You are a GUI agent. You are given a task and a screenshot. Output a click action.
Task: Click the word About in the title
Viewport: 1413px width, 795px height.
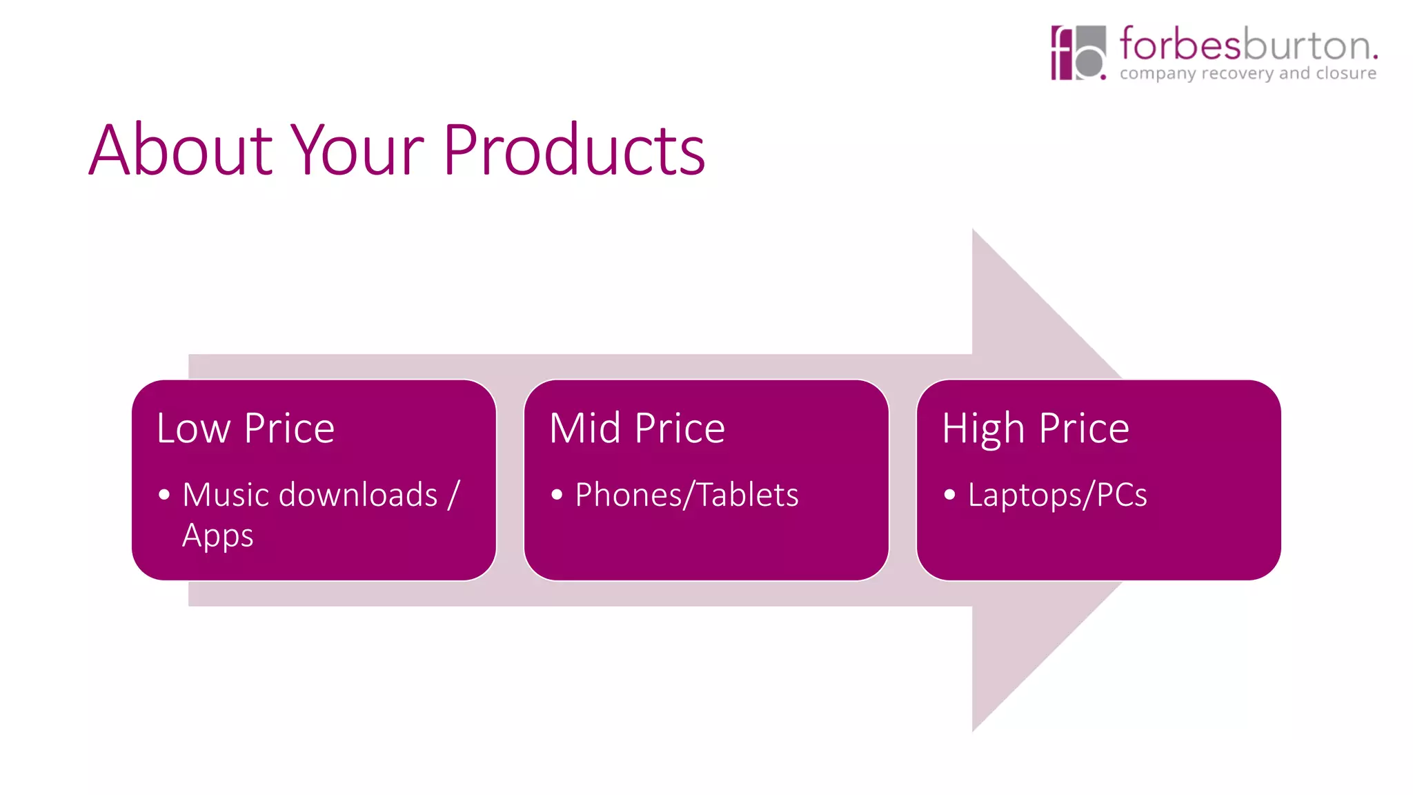point(181,150)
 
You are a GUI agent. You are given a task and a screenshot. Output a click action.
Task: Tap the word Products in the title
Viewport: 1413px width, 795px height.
point(573,150)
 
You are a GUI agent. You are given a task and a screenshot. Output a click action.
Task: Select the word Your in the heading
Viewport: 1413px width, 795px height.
point(357,150)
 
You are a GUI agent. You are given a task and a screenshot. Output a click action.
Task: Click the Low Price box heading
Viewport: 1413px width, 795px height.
point(246,428)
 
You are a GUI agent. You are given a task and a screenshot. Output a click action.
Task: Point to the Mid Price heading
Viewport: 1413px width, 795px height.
point(637,428)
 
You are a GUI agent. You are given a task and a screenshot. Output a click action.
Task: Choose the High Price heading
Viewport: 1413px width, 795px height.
point(1035,428)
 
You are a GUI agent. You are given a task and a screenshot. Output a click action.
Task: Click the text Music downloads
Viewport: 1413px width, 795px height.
point(310,495)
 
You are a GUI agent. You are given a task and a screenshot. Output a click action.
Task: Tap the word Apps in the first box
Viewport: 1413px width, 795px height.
point(217,536)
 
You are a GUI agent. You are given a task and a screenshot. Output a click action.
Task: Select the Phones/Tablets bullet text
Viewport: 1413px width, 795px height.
point(686,495)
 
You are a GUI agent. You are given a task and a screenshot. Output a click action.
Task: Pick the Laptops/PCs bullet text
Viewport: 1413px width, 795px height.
point(1057,495)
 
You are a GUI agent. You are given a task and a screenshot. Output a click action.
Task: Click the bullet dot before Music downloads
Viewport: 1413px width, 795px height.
point(164,495)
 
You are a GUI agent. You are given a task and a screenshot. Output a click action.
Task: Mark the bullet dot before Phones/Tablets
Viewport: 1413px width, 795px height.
point(557,495)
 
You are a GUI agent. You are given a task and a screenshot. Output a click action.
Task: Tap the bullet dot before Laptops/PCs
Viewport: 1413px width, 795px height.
point(949,495)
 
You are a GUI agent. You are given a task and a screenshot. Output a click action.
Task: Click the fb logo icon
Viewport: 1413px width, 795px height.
point(1078,53)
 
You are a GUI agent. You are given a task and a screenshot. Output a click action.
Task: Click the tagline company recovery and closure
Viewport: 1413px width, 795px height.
point(1247,73)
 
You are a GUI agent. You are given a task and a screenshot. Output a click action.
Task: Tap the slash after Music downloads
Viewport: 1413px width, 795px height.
point(453,495)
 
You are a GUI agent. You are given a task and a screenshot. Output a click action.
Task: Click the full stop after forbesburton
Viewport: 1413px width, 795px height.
point(1375,57)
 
